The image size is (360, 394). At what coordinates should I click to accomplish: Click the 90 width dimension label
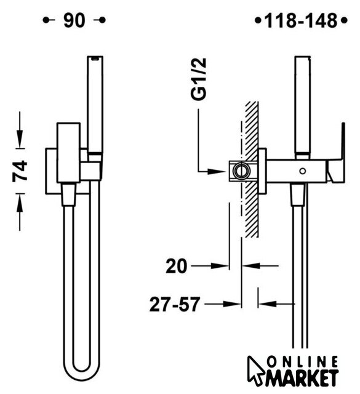click(74, 20)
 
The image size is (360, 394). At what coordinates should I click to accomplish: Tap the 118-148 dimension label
click(301, 20)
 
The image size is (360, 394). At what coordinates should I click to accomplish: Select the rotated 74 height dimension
click(20, 171)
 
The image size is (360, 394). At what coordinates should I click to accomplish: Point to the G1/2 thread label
click(199, 79)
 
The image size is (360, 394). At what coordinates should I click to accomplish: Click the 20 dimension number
click(177, 266)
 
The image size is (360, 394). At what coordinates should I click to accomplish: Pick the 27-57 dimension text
click(175, 304)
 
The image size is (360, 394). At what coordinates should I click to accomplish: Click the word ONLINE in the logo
click(302, 363)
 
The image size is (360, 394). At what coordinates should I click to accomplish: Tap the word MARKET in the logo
click(302, 377)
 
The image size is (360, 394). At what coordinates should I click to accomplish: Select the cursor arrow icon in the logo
click(255, 370)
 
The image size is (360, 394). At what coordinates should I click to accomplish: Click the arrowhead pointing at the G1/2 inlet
click(216, 171)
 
